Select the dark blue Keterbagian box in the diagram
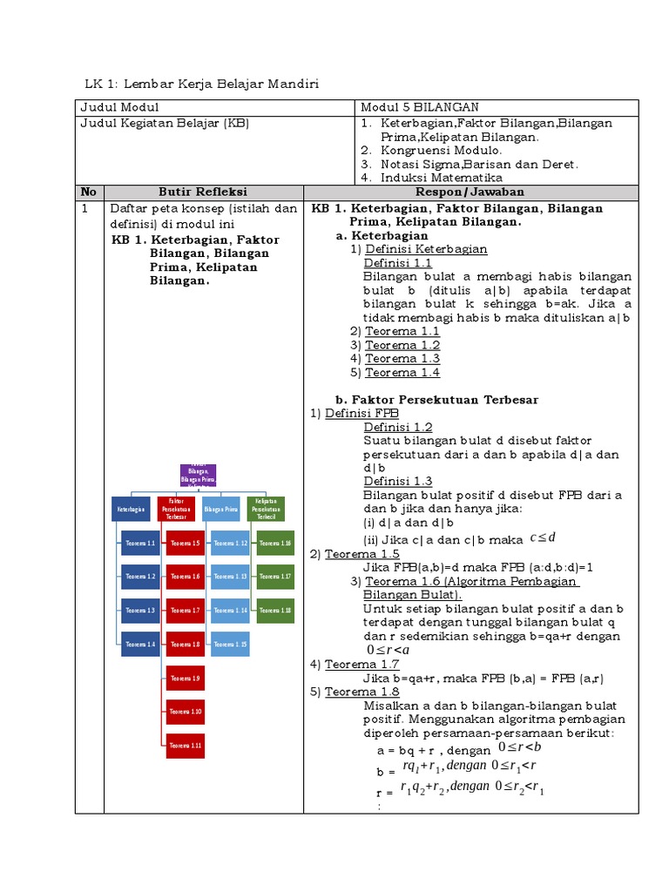pyautogui.click(x=130, y=509)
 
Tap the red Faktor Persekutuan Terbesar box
pyautogui.click(x=177, y=509)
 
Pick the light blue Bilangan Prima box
pyautogui.click(x=220, y=509)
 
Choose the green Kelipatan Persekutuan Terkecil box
pyautogui.click(x=266, y=509)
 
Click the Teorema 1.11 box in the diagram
pyautogui.click(x=186, y=746)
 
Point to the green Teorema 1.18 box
pyautogui.click(x=275, y=611)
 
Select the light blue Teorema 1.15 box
pyautogui.click(x=230, y=645)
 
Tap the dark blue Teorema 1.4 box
pyautogui.click(x=140, y=645)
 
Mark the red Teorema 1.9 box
pyautogui.click(x=186, y=678)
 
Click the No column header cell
pyautogui.click(x=89, y=193)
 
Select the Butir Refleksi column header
pyautogui.click(x=203, y=193)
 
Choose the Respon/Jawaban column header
pyautogui.click(x=470, y=193)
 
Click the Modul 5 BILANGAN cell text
pyautogui.click(x=420, y=107)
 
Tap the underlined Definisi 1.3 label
pyautogui.click(x=397, y=482)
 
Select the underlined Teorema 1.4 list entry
pyautogui.click(x=402, y=373)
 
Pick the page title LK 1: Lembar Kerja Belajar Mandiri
pyautogui.click(x=202, y=84)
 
